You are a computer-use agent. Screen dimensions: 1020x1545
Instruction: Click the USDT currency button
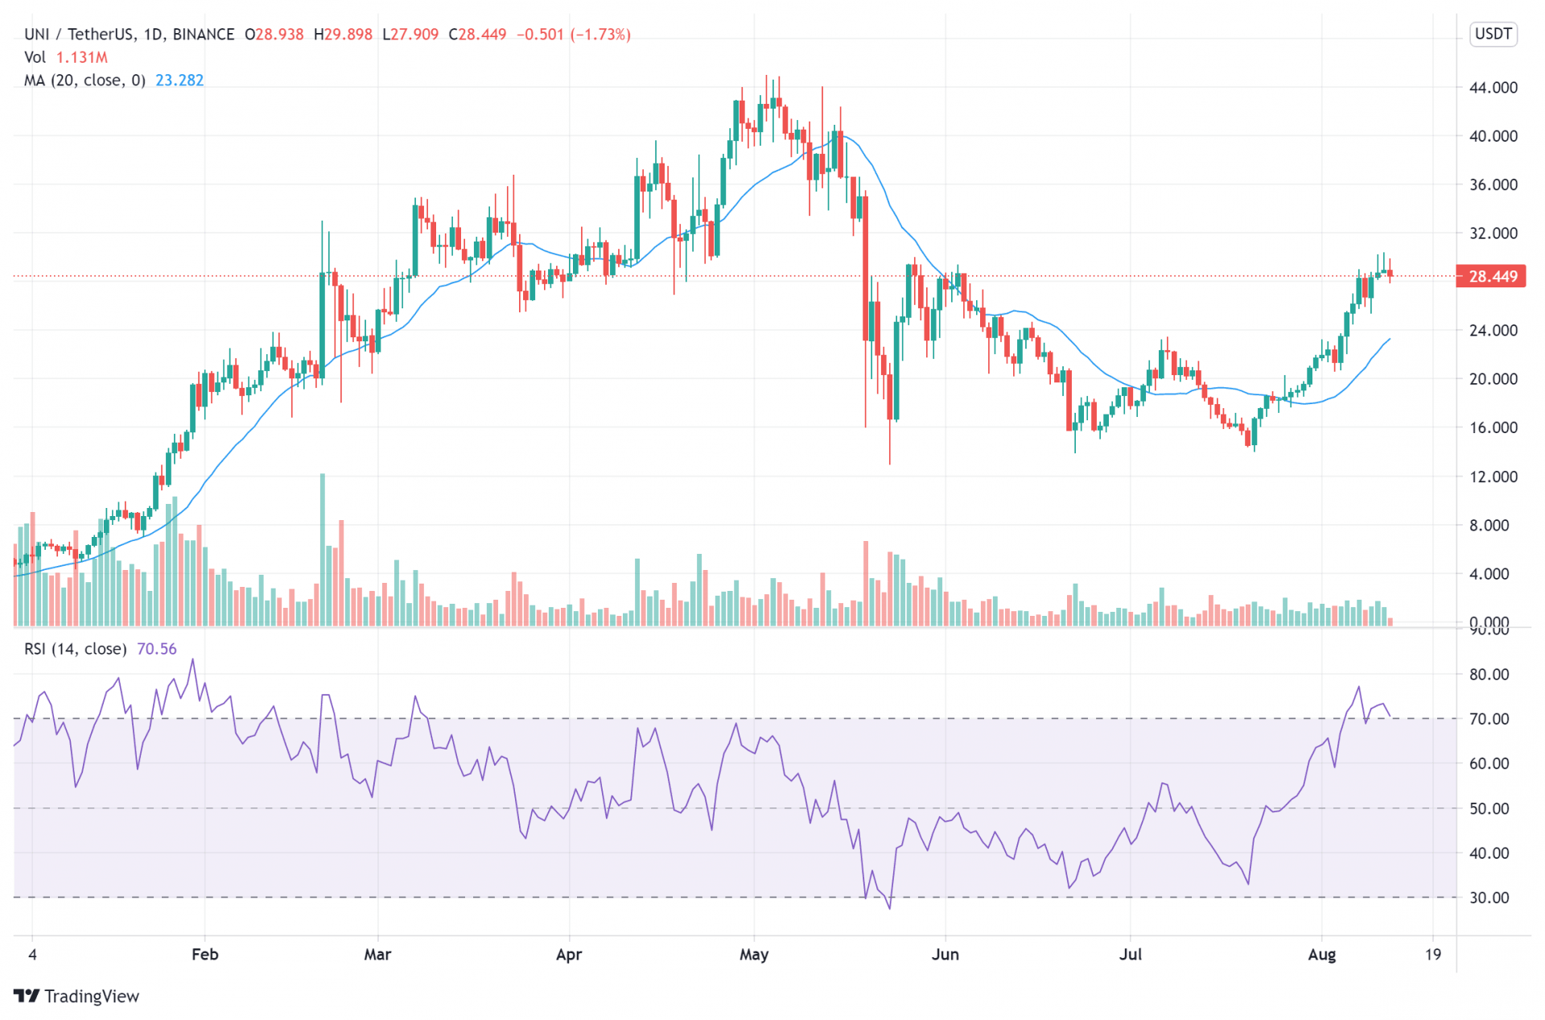pos(1493,34)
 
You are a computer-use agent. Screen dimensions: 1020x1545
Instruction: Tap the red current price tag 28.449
pos(1492,277)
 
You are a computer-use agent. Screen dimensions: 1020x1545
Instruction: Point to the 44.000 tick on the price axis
pos(1493,88)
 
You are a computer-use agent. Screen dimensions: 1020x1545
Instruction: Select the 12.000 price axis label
pos(1493,477)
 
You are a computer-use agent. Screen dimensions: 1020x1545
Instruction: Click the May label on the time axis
pos(754,955)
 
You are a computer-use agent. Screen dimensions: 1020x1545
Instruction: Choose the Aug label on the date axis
pos(1321,955)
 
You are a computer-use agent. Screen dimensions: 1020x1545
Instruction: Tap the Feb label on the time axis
pos(204,955)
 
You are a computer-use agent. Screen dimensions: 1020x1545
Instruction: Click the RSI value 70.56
pos(156,649)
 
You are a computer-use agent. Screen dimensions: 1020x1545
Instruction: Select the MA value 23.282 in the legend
pos(179,81)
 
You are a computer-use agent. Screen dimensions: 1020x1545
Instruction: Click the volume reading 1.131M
pos(82,57)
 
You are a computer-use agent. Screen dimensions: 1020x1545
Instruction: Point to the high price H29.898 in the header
pos(343,35)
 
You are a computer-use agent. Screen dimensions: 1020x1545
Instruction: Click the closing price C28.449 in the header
pos(477,35)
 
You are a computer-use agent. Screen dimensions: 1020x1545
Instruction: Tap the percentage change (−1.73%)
pos(600,35)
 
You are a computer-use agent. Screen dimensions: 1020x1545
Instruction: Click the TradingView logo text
pos(91,997)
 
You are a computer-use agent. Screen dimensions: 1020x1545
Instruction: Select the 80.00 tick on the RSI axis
pos(1489,675)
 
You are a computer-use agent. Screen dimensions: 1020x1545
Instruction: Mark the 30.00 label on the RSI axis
pos(1489,898)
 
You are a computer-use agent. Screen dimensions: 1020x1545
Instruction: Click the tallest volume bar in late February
pos(323,550)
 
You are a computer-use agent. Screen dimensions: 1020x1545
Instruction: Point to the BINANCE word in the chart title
pos(204,35)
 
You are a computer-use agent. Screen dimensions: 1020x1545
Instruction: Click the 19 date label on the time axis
pos(1432,955)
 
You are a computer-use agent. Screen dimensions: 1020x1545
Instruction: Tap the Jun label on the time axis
pos(945,955)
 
